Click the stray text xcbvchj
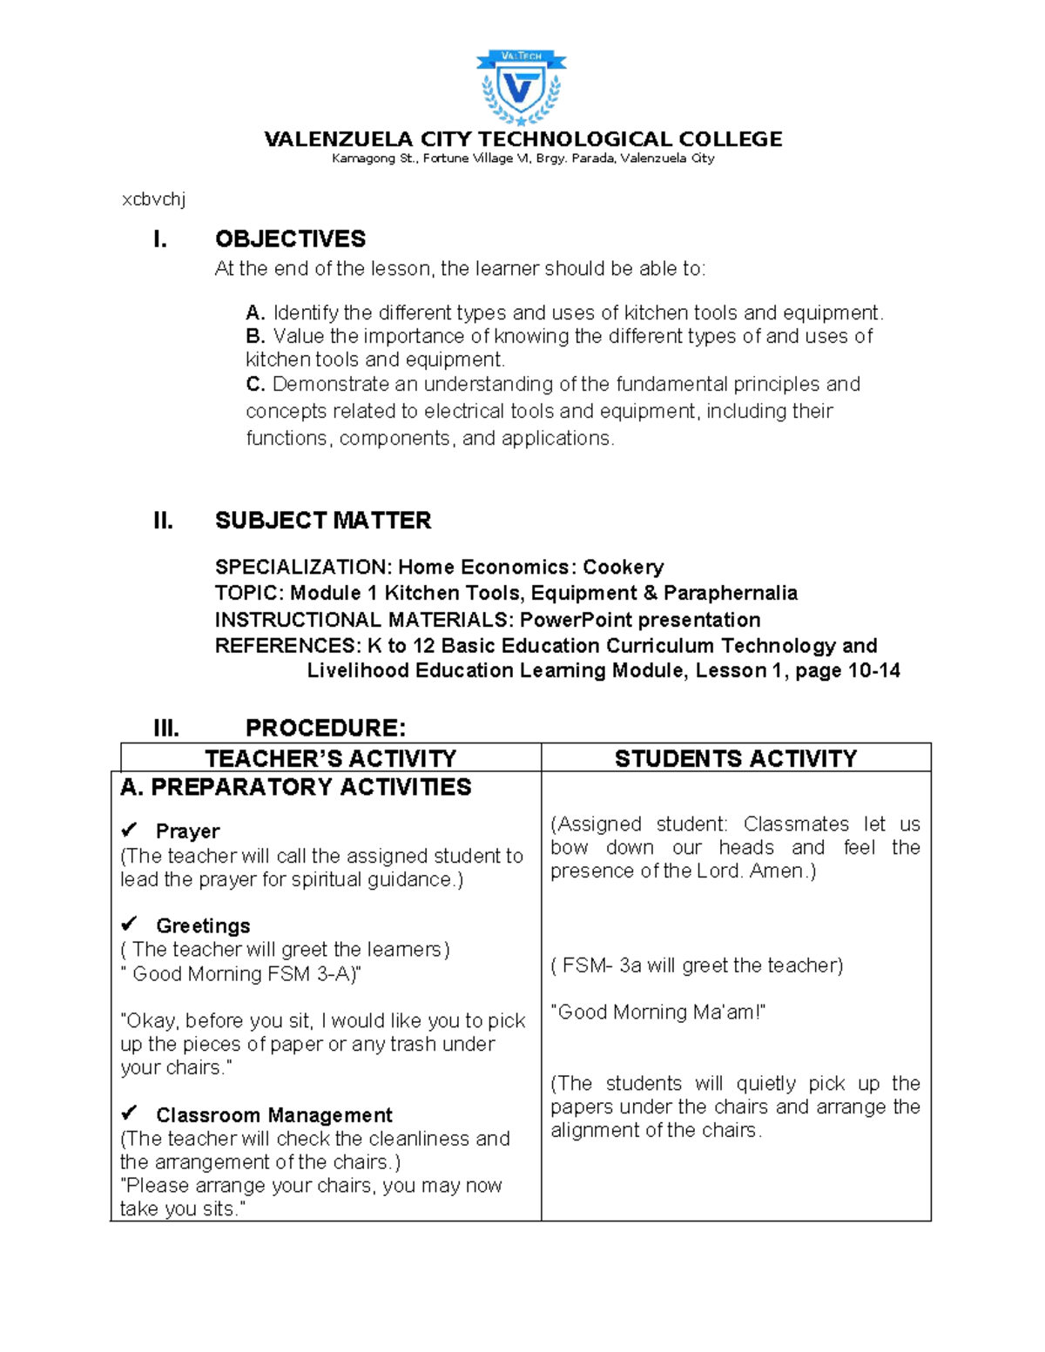(x=153, y=199)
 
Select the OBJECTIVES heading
(x=290, y=239)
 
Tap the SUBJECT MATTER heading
(x=323, y=521)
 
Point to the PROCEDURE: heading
(x=326, y=728)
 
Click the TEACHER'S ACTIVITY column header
(x=330, y=758)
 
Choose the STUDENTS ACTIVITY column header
(x=736, y=758)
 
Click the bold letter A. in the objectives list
(x=254, y=313)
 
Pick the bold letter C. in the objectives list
(x=254, y=384)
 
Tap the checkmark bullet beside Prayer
(x=130, y=829)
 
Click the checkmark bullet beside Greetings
(x=130, y=923)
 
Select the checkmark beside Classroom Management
(x=130, y=1113)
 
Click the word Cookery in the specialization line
(x=623, y=568)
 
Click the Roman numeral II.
(x=163, y=521)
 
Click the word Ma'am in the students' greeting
(x=730, y=1012)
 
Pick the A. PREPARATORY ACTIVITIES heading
(x=295, y=787)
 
